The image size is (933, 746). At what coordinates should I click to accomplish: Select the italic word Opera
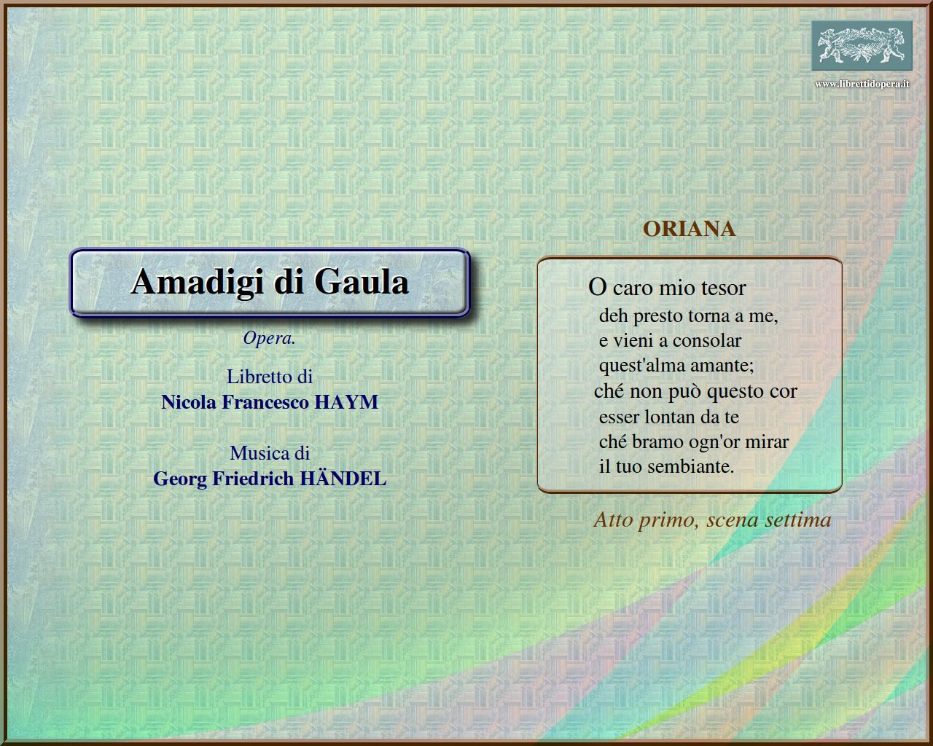point(269,338)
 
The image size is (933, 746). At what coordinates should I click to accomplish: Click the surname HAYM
point(346,402)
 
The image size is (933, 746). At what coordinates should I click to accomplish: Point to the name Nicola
point(189,402)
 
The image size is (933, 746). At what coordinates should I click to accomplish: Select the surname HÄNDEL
point(343,478)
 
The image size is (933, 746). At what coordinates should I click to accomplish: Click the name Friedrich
point(253,479)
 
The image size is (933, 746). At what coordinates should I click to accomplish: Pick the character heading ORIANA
point(689,229)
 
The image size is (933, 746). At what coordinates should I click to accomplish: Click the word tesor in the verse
point(723,288)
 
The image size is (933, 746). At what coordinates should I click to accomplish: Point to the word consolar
point(707,341)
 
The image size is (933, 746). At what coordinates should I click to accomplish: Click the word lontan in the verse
point(675,417)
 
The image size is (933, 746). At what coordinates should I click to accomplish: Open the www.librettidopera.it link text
point(862,84)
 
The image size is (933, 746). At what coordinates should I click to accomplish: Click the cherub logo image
point(862,45)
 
